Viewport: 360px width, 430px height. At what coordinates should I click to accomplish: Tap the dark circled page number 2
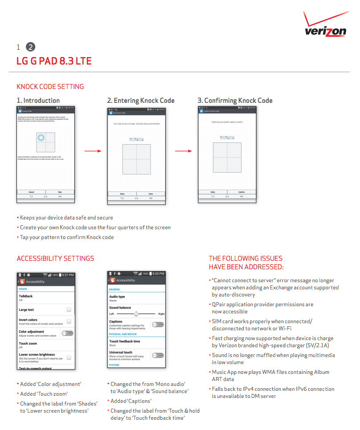(30, 47)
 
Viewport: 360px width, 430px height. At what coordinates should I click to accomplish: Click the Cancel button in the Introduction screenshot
(31, 192)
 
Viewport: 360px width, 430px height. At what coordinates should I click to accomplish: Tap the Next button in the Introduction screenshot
(60, 192)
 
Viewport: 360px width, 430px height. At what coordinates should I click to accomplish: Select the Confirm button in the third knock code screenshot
(241, 192)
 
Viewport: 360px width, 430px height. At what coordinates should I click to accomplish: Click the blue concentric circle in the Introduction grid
(41, 138)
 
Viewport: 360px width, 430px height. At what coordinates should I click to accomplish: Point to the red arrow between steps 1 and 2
(93, 151)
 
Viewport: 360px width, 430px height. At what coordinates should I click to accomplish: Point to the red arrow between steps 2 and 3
(183, 151)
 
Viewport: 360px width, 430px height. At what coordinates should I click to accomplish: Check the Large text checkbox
(69, 309)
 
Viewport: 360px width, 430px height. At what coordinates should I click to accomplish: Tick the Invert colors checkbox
(69, 321)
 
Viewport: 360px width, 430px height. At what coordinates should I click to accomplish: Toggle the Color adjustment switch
(67, 333)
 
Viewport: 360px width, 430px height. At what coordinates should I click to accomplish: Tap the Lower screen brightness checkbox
(69, 357)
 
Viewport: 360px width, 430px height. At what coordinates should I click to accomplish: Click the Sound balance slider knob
(136, 314)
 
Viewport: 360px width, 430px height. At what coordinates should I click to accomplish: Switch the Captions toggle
(158, 325)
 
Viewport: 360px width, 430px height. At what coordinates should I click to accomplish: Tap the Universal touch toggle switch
(158, 355)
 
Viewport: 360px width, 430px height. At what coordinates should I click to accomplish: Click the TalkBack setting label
(26, 296)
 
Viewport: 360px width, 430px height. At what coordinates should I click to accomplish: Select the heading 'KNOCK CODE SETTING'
(50, 87)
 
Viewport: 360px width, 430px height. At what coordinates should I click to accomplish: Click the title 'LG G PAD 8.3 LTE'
(54, 61)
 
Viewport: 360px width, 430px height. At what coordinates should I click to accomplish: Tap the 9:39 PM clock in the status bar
(158, 274)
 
